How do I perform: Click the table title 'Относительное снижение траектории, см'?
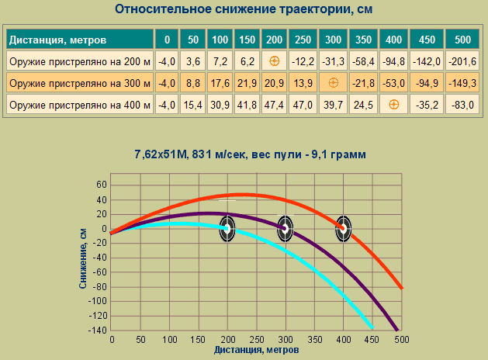(244, 10)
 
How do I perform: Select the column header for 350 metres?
(364, 39)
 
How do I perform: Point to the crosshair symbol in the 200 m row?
(273, 61)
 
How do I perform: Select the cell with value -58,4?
(364, 61)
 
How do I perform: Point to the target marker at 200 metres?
(227, 228)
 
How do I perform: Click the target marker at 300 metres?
(285, 228)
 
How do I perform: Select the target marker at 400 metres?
(343, 228)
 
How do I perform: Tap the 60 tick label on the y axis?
(100, 185)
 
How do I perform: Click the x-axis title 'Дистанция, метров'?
(256, 351)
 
